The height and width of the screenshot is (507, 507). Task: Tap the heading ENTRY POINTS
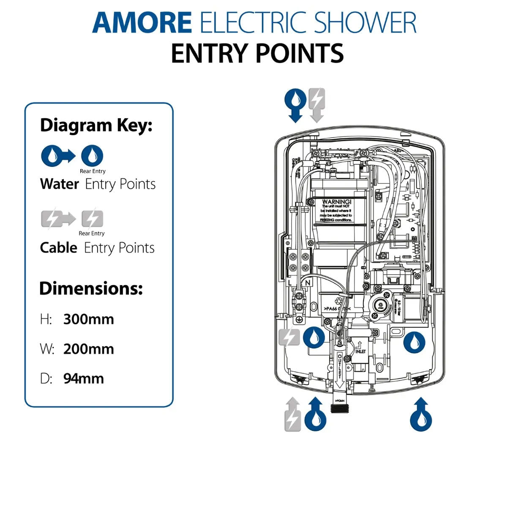(x=257, y=53)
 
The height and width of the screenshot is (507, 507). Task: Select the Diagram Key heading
(x=96, y=125)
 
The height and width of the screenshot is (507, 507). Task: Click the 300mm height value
(x=89, y=319)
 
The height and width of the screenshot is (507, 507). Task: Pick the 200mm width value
(x=89, y=349)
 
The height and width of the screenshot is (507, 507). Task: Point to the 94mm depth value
(x=84, y=379)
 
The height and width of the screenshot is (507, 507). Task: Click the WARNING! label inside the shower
(x=336, y=202)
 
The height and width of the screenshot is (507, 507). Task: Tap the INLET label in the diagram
(x=360, y=351)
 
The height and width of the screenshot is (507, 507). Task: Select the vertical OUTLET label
(x=340, y=366)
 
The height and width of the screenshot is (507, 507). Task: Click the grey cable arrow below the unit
(x=292, y=414)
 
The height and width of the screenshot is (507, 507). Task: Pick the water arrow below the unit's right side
(x=421, y=414)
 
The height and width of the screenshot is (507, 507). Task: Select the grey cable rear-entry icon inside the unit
(x=289, y=337)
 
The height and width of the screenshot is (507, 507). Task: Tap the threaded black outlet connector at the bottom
(x=339, y=408)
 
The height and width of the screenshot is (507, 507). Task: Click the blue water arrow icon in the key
(x=57, y=156)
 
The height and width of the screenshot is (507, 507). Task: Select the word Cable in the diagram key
(x=58, y=248)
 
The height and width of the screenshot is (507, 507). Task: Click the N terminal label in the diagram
(x=308, y=283)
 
